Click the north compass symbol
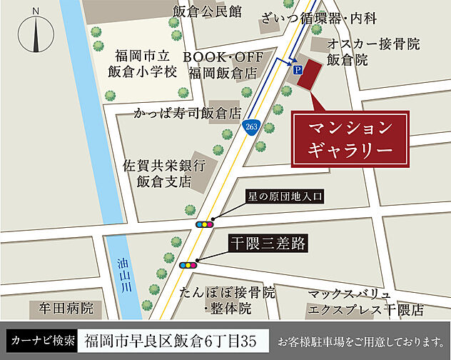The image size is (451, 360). click(x=34, y=31)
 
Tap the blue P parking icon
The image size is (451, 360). click(x=296, y=69)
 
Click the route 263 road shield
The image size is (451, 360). click(x=250, y=126)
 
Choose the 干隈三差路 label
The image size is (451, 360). click(x=268, y=244)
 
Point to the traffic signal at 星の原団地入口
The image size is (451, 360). click(x=203, y=224)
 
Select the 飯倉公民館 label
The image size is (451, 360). click(x=207, y=11)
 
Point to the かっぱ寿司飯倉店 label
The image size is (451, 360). click(x=188, y=112)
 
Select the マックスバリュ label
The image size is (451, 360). click(x=350, y=294)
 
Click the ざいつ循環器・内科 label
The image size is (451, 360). click(x=329, y=18)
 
